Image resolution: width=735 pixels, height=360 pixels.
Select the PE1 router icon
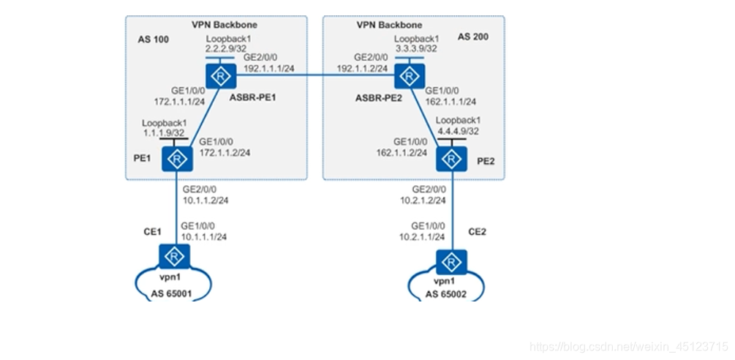tap(176, 158)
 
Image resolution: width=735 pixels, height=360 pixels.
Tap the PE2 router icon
tap(452, 158)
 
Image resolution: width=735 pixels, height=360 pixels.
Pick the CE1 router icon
tap(175, 256)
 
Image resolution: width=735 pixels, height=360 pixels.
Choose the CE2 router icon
tap(452, 262)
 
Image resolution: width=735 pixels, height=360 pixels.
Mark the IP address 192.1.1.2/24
tap(361, 67)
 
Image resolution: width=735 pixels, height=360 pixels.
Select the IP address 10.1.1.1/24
tap(204, 236)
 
